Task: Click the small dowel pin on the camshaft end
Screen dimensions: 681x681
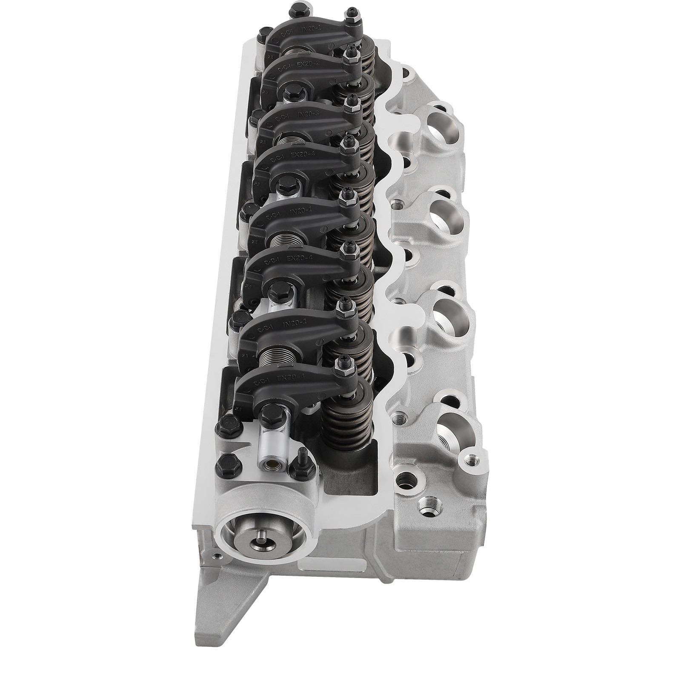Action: click(x=261, y=542)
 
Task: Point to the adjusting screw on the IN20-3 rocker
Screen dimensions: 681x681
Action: click(x=352, y=101)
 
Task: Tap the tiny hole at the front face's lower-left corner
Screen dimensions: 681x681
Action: click(x=219, y=556)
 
